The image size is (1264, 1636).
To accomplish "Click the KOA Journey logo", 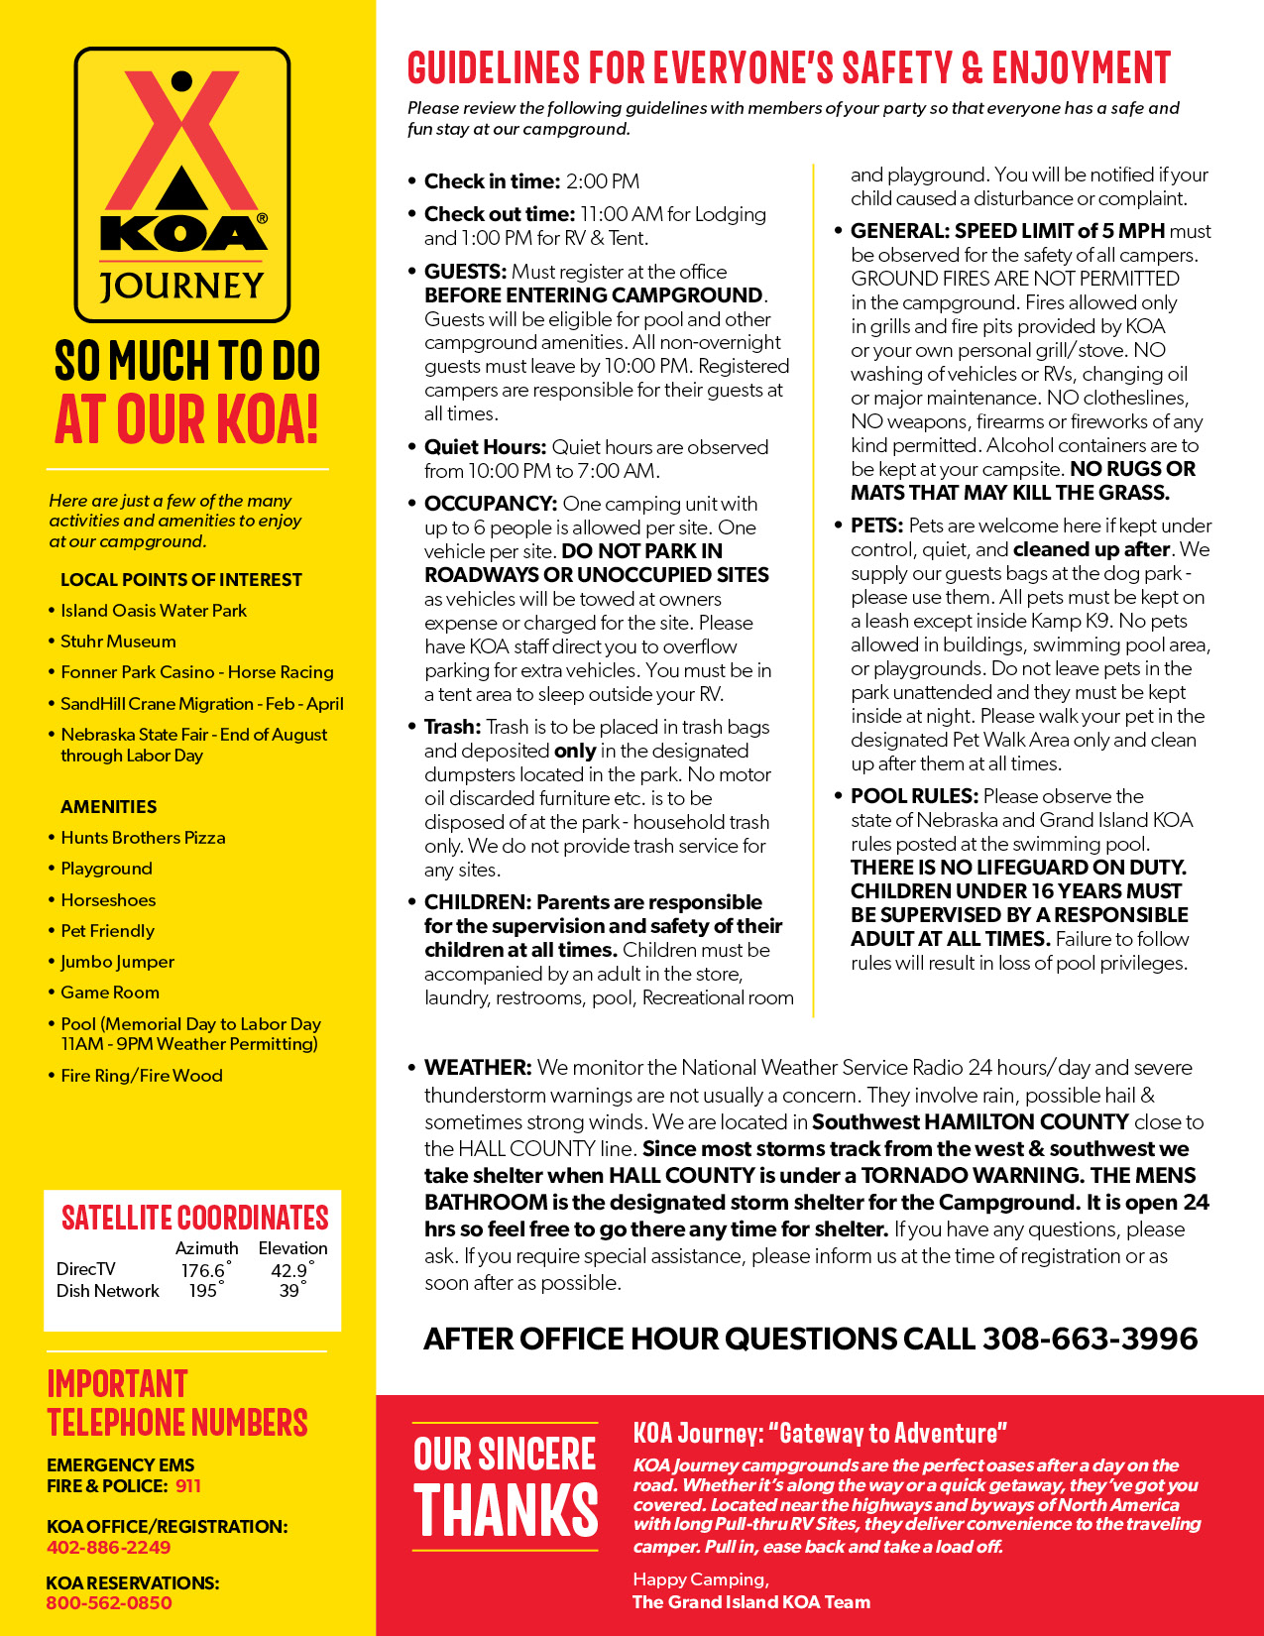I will tap(182, 184).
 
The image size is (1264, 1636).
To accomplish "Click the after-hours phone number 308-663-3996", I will tap(1090, 1339).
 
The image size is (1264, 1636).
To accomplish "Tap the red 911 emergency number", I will tap(188, 1485).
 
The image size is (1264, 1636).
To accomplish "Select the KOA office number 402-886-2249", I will tap(108, 1547).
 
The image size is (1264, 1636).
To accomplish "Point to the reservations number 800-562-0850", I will tap(109, 1602).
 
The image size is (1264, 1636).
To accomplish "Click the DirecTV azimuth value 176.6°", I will tap(204, 1270).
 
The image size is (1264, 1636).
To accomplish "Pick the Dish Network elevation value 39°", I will tap(290, 1291).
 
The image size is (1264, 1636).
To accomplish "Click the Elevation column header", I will tap(292, 1248).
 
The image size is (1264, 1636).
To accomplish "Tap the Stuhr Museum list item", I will tap(118, 642).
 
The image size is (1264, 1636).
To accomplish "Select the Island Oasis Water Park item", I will tap(154, 611).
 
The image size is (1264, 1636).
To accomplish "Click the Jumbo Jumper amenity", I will tap(117, 962).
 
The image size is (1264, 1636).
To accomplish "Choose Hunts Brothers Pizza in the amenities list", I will tap(143, 838).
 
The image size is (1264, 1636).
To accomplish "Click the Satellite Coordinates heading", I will tap(194, 1218).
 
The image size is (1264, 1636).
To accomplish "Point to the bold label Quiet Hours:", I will tap(485, 447).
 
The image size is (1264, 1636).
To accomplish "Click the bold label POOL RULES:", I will tap(914, 796).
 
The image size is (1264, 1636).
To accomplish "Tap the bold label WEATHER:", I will tap(478, 1068).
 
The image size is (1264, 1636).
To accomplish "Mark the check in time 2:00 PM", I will tap(603, 181).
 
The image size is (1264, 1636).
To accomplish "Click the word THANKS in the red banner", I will tap(506, 1510).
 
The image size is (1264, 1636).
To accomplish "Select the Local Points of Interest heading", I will tap(180, 580).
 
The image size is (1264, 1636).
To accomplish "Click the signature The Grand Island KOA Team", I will tap(751, 1601).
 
